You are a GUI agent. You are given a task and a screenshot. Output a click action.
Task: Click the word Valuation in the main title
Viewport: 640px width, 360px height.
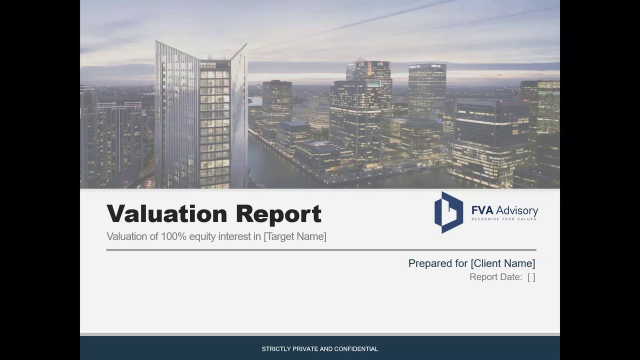pos(167,213)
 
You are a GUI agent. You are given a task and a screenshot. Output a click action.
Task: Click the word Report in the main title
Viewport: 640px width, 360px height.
pos(279,214)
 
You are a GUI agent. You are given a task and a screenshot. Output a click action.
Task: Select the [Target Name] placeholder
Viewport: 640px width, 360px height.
pos(295,236)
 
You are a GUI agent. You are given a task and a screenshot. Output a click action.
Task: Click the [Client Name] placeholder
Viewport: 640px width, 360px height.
pos(503,263)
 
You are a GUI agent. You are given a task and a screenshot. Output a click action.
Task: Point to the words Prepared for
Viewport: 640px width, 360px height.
pos(438,263)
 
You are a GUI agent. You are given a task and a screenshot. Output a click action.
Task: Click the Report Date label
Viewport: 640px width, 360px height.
pos(495,277)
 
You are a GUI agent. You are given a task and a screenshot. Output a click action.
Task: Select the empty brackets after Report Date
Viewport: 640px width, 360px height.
pos(531,277)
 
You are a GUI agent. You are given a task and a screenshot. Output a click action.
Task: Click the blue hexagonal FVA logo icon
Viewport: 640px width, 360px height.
pos(448,212)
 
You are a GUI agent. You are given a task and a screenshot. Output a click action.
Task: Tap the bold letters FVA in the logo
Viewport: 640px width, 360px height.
pos(482,210)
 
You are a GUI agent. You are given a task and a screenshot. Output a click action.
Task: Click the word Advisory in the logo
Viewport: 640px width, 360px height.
pos(517,211)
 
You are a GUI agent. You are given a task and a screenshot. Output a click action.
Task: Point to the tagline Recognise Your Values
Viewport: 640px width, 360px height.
pos(504,219)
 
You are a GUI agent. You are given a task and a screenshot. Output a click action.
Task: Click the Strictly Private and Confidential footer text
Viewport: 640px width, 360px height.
pos(320,349)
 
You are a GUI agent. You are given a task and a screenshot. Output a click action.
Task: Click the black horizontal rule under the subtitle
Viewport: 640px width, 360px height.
pos(321,250)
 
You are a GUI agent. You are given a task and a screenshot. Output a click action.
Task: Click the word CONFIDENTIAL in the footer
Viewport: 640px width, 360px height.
pos(356,349)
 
